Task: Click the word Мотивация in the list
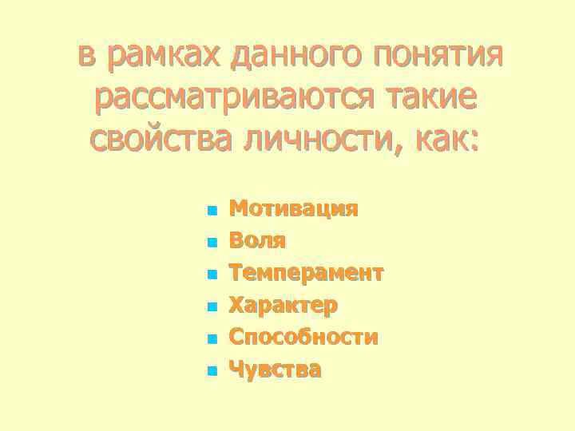coord(293,209)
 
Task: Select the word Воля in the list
coord(258,241)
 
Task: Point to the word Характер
coord(284,305)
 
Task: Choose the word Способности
coord(303,338)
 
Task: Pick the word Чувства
coord(276,370)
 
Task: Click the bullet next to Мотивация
coord(211,212)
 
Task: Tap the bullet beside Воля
coord(211,243)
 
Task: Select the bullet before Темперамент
coord(211,275)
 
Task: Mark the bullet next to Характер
coord(211,307)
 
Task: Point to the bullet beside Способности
coord(211,339)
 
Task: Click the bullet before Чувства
coord(211,371)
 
